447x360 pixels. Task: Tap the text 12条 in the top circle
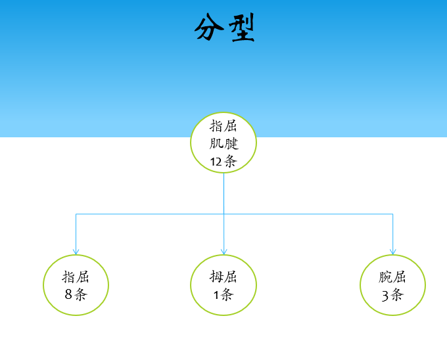click(x=223, y=161)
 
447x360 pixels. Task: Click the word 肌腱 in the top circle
click(x=223, y=143)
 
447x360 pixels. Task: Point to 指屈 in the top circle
click(x=223, y=125)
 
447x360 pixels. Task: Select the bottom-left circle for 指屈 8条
click(x=76, y=285)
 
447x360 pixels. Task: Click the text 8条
click(x=76, y=294)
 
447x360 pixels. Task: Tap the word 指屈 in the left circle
click(x=76, y=277)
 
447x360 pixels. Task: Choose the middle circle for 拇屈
click(x=223, y=285)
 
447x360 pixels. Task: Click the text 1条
click(x=223, y=294)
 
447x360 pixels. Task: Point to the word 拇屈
click(x=223, y=277)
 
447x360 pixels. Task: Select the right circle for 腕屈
click(x=392, y=285)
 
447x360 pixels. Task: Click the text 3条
click(x=392, y=295)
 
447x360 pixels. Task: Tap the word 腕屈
click(x=392, y=277)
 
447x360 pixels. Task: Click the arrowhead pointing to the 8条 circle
click(x=76, y=252)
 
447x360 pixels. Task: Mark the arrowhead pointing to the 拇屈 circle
click(x=223, y=252)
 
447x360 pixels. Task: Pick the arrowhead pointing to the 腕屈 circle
click(x=392, y=252)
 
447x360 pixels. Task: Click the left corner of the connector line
click(x=76, y=214)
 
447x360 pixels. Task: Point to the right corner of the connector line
click(x=392, y=214)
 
